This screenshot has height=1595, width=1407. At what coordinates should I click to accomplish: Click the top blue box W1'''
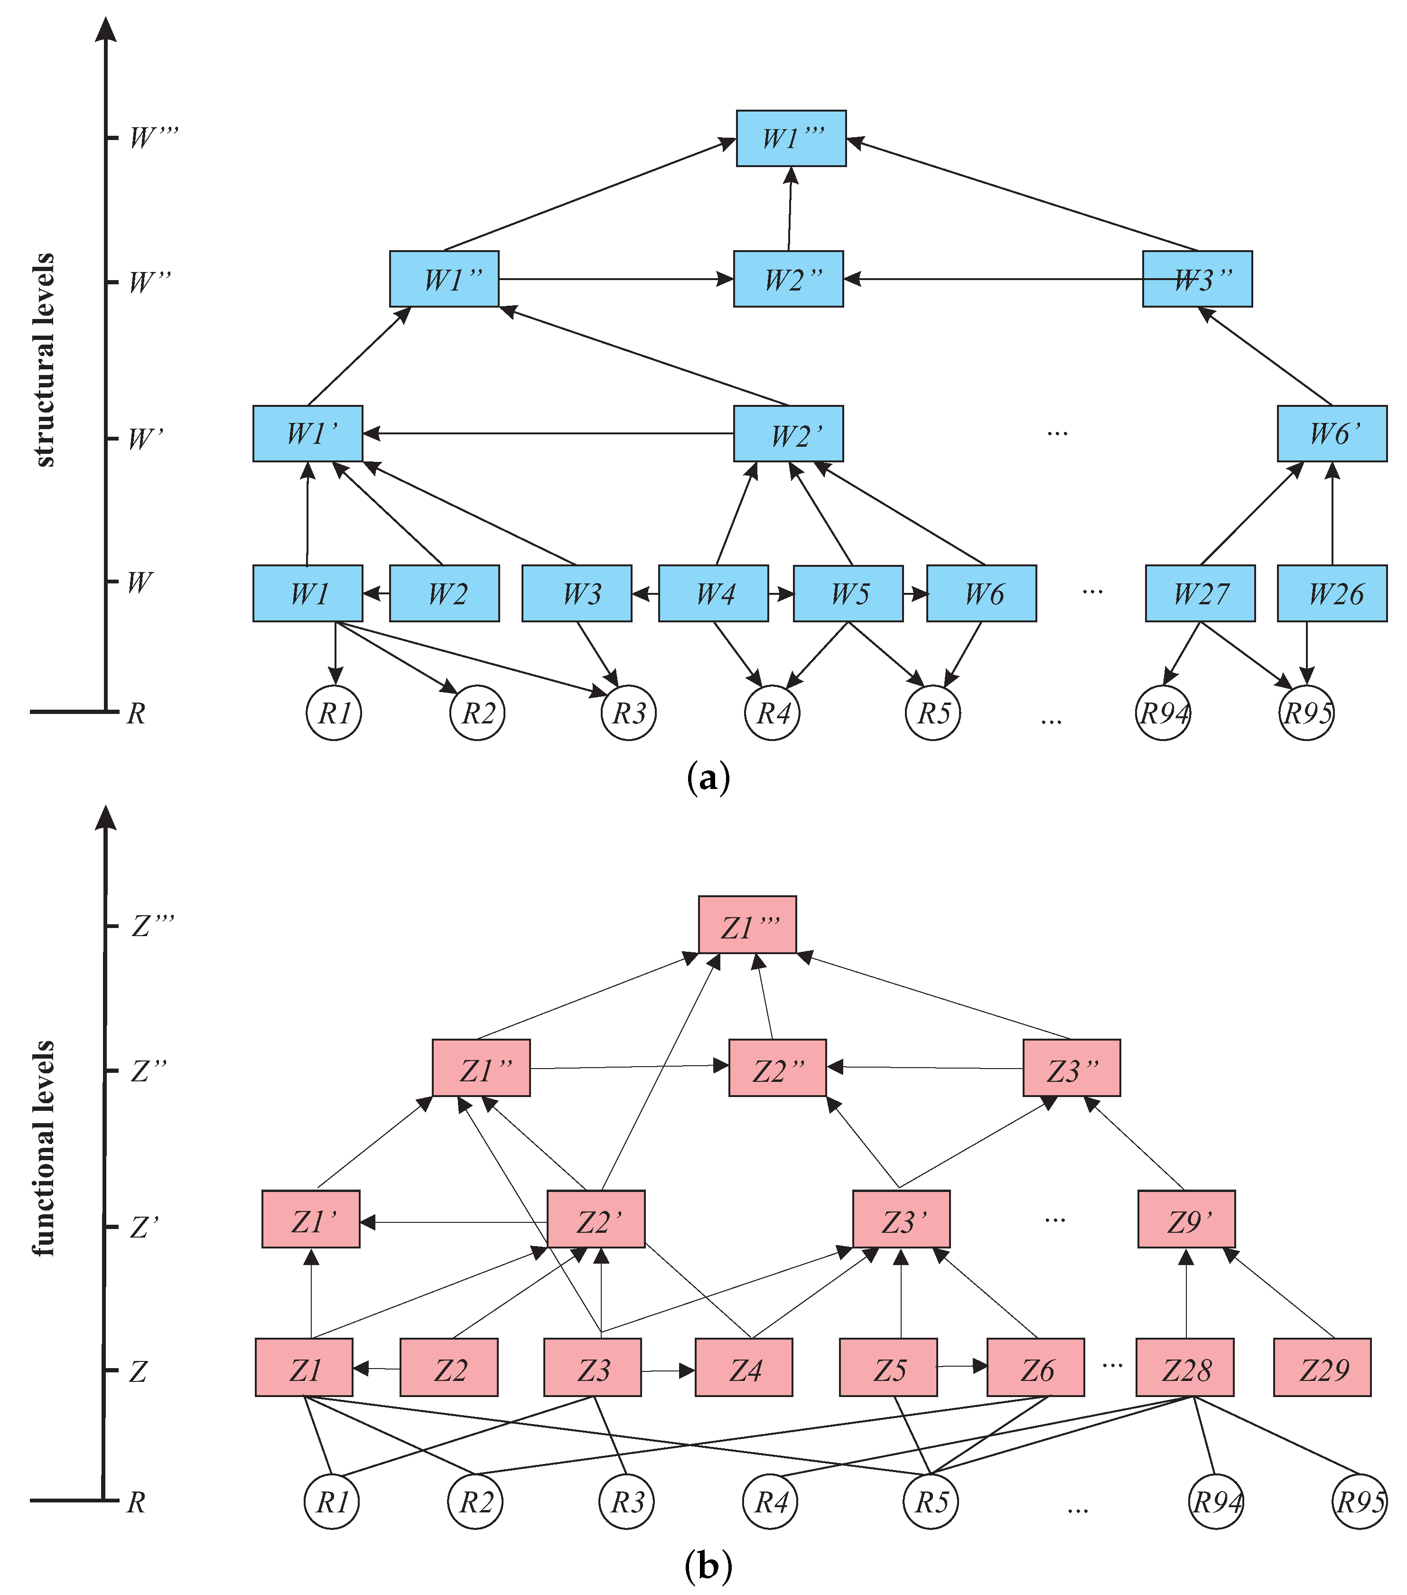coord(791,138)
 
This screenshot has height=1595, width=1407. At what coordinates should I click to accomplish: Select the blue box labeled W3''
coord(1197,279)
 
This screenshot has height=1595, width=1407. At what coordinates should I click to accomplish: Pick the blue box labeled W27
coord(1200,593)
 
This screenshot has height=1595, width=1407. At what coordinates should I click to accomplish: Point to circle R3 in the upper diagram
coord(629,713)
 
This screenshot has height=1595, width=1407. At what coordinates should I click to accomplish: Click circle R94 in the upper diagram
coord(1163,713)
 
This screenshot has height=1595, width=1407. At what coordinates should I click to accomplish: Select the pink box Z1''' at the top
coord(747,925)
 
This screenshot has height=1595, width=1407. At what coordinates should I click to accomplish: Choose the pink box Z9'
coord(1186,1219)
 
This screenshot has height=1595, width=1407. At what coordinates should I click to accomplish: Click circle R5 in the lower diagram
coord(931,1501)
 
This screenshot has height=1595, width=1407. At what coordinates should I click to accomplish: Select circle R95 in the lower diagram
coord(1360,1501)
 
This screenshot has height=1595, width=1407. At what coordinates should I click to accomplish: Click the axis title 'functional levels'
coord(45,1147)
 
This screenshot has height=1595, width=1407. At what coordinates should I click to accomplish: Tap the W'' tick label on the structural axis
coord(148,281)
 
